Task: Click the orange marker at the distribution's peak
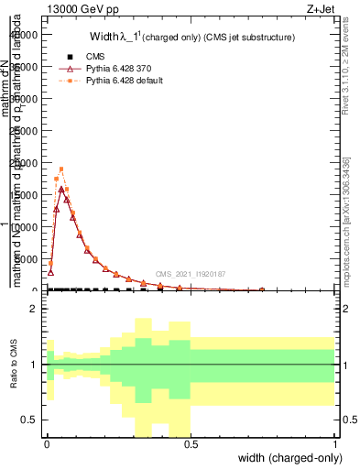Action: tap(61, 169)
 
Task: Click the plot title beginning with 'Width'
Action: tap(191, 38)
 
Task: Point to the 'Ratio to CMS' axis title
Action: tap(13, 364)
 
